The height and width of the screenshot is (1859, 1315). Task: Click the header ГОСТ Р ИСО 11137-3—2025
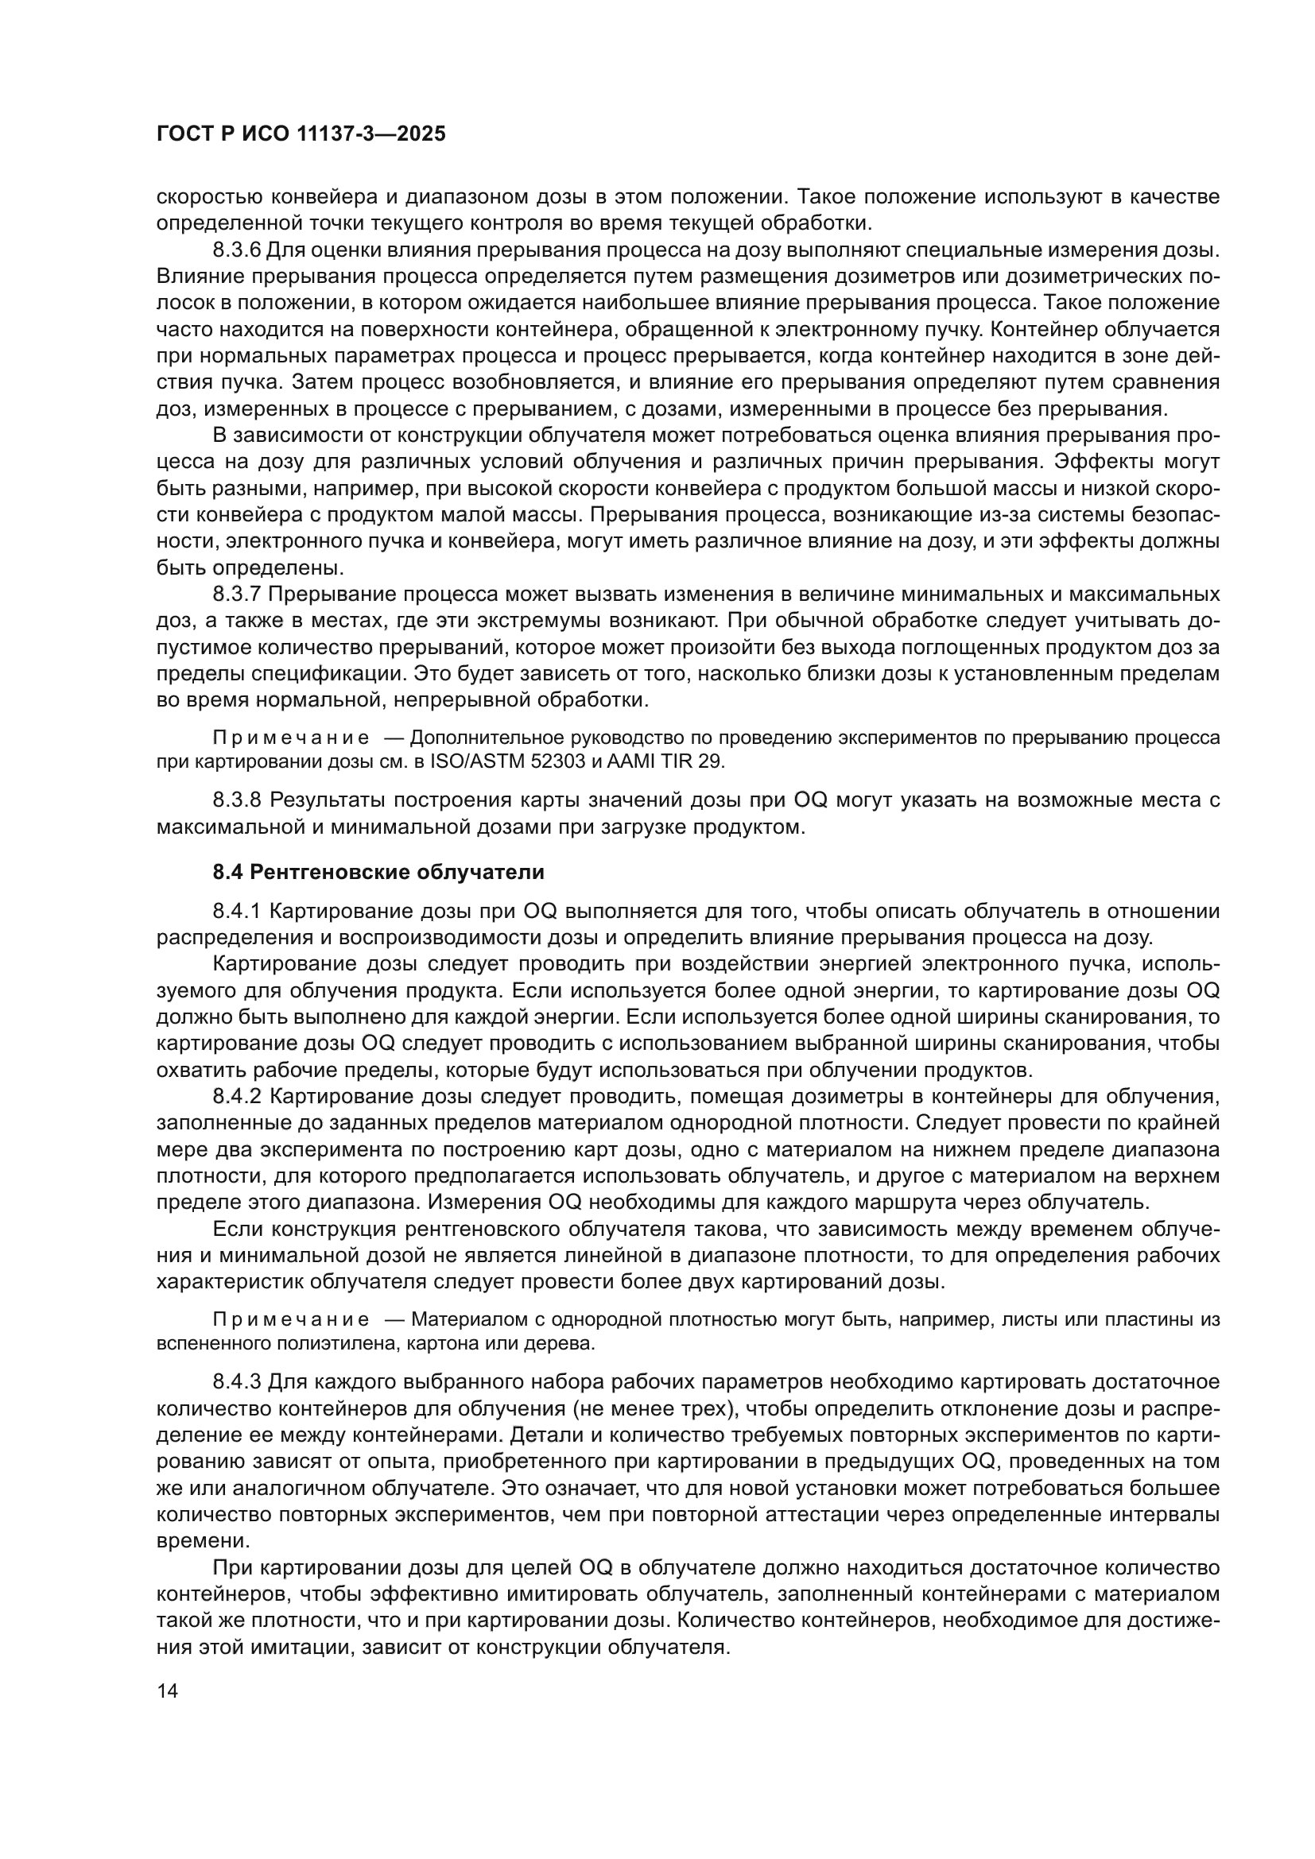coord(301,134)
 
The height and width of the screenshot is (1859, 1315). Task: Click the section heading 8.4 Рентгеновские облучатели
coord(378,872)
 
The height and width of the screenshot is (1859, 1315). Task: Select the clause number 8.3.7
coord(236,594)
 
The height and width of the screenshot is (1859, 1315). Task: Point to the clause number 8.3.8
coord(236,801)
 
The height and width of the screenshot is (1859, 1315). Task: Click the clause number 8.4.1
coord(236,911)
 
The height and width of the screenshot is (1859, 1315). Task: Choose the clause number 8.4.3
coord(236,1381)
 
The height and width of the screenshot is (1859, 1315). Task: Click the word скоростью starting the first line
coord(209,197)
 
